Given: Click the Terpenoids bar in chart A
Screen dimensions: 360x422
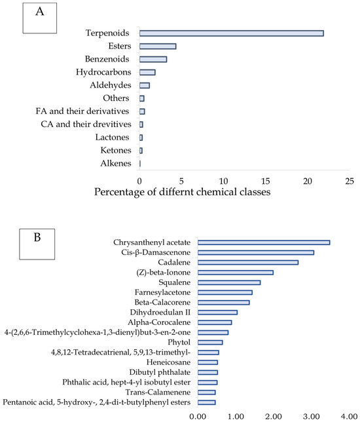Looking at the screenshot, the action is coord(232,33).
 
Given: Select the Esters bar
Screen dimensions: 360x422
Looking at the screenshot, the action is coord(158,47).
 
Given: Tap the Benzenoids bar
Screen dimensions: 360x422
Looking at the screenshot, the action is coord(153,59).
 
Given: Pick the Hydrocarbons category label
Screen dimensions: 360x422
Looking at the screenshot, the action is coord(103,72).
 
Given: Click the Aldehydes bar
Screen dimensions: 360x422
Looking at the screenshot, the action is coord(145,85).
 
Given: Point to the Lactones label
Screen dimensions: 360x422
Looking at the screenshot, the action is coord(112,137).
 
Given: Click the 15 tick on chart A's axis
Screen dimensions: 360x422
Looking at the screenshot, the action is coord(265,181).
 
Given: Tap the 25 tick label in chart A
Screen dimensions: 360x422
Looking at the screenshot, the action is coord(350,181).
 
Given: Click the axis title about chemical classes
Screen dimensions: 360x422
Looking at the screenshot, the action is coord(182,192).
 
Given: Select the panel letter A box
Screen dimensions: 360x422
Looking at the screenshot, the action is coord(40,18).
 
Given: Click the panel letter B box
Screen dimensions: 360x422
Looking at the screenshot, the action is coord(37,244).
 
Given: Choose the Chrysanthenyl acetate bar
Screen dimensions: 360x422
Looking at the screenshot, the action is coord(264,242).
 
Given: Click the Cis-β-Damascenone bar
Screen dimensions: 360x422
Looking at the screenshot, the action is coord(256,252).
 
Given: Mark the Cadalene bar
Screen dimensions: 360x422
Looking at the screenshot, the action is coord(248,262).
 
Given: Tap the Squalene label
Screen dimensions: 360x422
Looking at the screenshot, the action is coord(175,282).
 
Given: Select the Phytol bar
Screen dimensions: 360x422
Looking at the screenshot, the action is coord(210,342).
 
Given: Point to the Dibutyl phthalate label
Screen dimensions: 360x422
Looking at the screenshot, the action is coord(160,372).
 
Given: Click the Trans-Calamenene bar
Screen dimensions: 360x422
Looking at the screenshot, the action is coord(206,393).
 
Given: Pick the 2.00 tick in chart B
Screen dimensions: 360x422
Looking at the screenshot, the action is coord(274,417).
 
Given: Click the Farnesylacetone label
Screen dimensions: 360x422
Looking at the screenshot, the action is coord(163,292).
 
